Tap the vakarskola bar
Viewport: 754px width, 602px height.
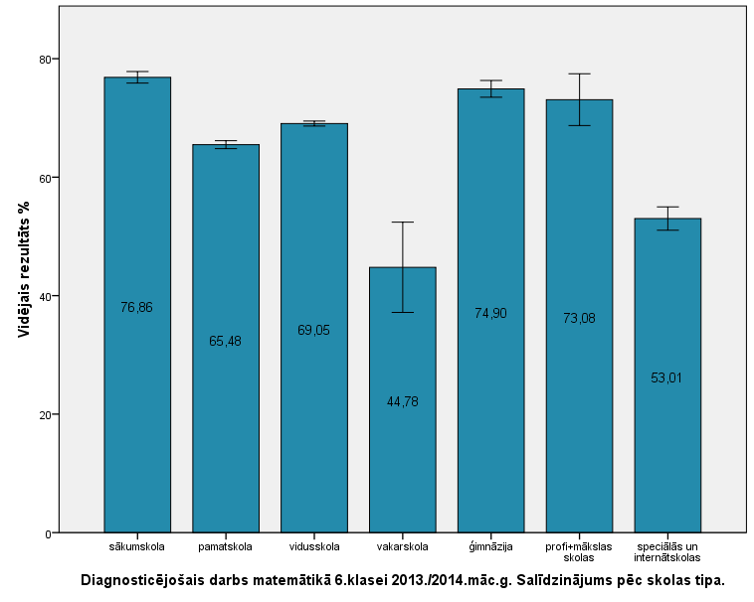tap(402, 467)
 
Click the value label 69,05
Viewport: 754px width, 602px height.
tap(314, 330)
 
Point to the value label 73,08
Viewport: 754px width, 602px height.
tap(579, 318)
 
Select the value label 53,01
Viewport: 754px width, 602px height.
tap(667, 377)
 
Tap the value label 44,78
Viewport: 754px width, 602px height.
tap(402, 401)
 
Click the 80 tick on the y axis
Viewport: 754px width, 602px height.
tap(45, 60)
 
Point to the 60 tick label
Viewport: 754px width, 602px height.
tap(45, 178)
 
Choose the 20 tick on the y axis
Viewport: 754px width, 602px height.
tap(45, 414)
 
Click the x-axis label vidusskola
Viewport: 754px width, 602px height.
tap(314, 546)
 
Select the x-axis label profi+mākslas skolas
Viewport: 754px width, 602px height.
tap(579, 551)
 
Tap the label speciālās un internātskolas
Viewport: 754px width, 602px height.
tap(667, 551)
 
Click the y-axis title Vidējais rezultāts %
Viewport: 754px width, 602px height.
tap(24, 281)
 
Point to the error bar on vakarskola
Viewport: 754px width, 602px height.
tap(402, 266)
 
